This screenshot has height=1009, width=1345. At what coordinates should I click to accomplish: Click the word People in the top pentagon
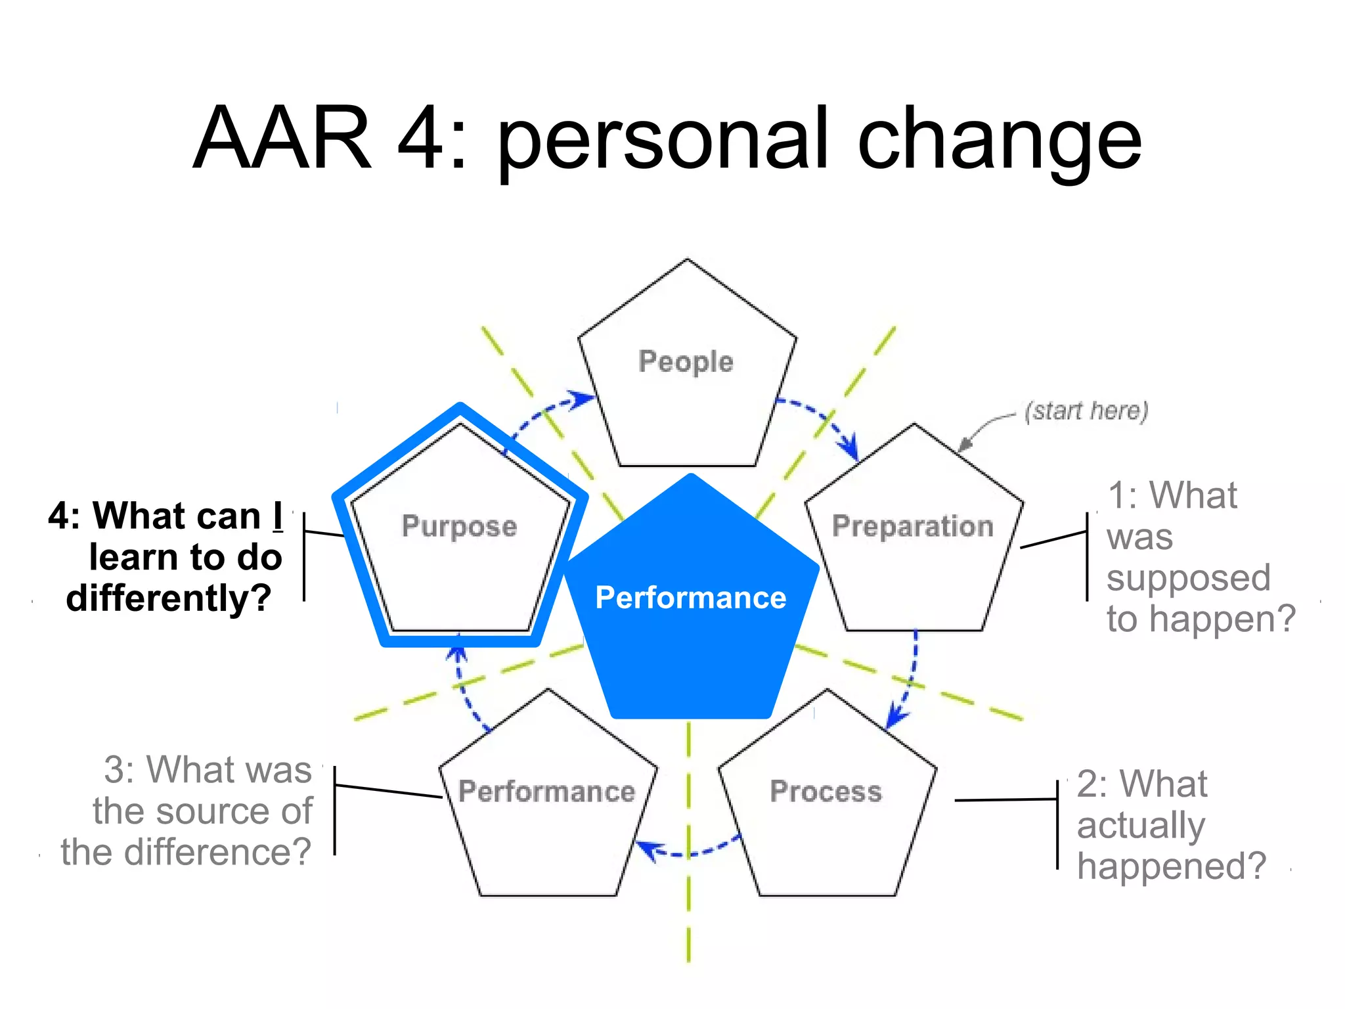[x=686, y=362]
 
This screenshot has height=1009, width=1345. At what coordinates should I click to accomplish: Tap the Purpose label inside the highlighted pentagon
[x=459, y=527]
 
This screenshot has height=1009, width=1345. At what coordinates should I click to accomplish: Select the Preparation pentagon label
[x=912, y=527]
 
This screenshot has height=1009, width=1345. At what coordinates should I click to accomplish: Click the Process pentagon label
[x=826, y=791]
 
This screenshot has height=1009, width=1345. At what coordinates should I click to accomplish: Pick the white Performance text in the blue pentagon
[x=690, y=598]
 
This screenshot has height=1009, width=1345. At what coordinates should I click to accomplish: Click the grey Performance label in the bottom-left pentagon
[x=546, y=791]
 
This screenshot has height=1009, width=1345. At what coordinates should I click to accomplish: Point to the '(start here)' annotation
[x=1086, y=411]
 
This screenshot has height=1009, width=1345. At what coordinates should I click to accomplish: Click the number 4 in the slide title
[x=421, y=139]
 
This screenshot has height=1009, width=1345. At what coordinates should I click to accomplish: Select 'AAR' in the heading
[x=282, y=139]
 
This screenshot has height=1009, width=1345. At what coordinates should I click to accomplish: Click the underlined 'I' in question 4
[x=278, y=516]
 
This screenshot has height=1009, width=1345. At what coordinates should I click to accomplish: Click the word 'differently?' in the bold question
[x=169, y=598]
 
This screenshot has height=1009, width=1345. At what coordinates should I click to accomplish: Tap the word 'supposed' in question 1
[x=1188, y=579]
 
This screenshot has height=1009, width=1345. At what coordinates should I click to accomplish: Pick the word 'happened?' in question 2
[x=1171, y=866]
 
